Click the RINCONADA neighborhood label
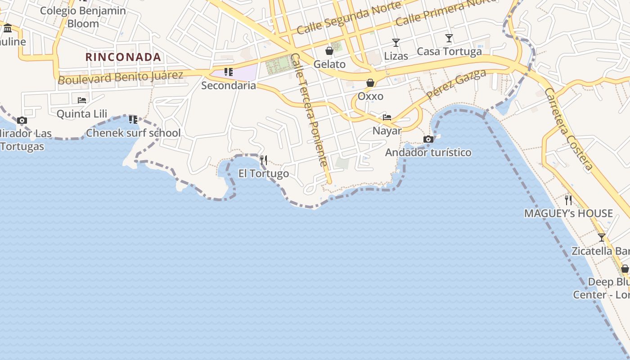click(x=123, y=57)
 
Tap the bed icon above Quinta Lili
click(x=82, y=100)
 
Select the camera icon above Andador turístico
click(x=428, y=139)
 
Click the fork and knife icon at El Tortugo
click(x=264, y=160)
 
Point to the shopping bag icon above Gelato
click(x=329, y=51)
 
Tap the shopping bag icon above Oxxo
click(x=370, y=83)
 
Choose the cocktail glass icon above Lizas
click(x=396, y=43)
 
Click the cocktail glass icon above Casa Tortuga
click(x=449, y=38)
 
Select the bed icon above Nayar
click(x=387, y=117)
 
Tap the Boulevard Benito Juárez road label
click(x=121, y=77)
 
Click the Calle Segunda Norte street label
click(x=349, y=18)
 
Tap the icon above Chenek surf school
click(x=133, y=119)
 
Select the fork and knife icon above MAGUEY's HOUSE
click(x=568, y=200)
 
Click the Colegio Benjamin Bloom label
click(x=83, y=17)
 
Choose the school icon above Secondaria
click(x=229, y=72)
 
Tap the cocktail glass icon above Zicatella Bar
click(x=602, y=238)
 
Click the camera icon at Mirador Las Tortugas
click(x=22, y=120)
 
